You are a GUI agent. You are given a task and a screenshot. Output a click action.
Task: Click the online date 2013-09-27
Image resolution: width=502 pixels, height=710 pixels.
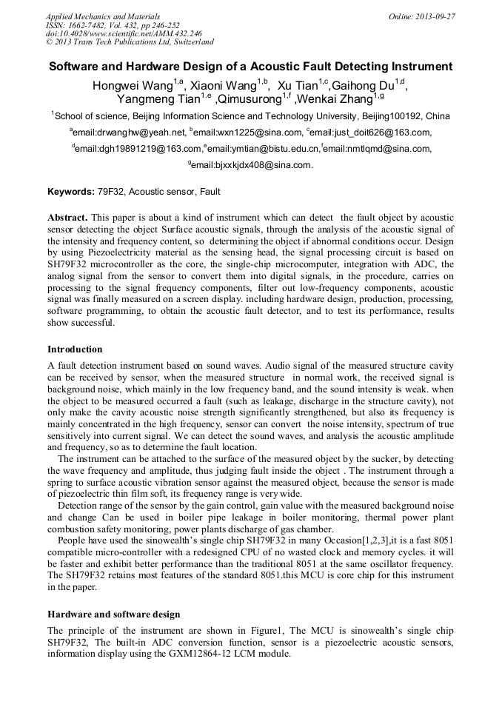[x=435, y=16]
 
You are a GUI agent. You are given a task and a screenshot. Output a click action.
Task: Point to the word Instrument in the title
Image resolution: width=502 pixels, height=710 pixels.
[x=419, y=66]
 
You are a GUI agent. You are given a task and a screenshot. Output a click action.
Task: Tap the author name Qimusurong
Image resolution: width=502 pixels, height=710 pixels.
[x=248, y=98]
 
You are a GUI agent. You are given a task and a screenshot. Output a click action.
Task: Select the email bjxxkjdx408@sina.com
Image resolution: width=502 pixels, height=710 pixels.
[x=252, y=165]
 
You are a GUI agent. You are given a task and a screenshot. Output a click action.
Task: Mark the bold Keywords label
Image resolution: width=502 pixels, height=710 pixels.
[x=71, y=192]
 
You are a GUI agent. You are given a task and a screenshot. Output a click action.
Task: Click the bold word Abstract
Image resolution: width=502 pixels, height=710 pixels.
[x=67, y=218]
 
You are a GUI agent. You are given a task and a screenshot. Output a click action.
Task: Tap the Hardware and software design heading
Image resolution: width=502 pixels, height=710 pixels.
[x=113, y=614]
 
